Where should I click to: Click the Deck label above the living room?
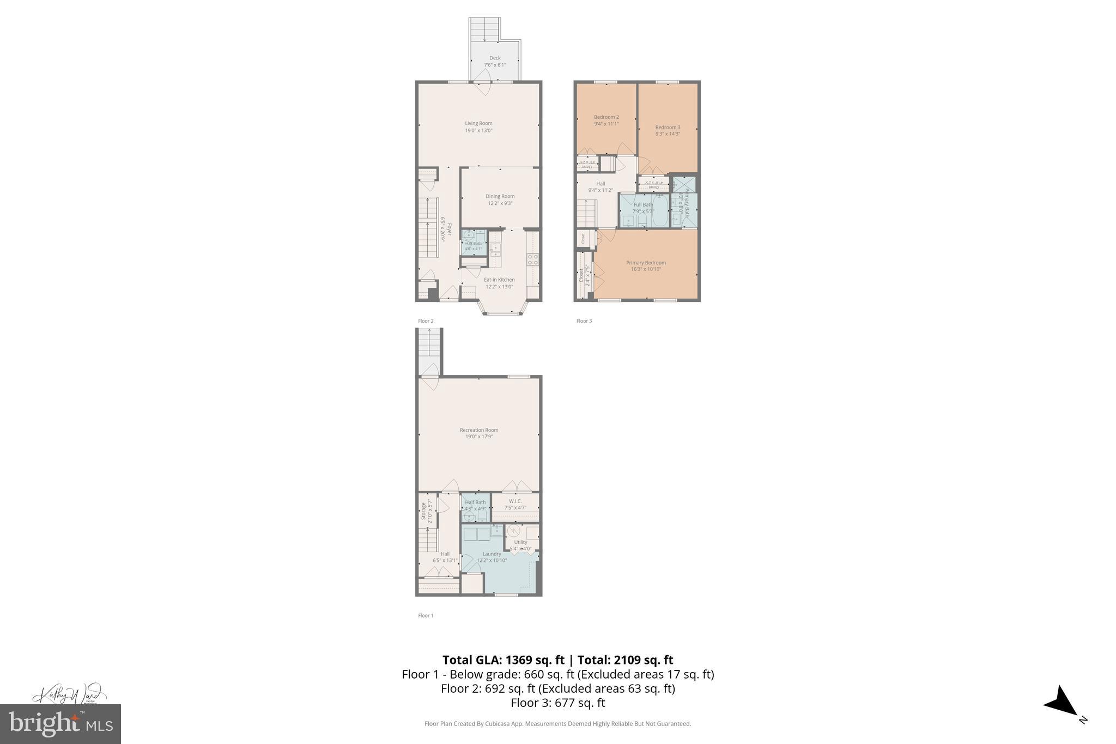(495, 58)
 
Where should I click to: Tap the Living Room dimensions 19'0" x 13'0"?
(478, 131)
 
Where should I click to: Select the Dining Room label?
(500, 196)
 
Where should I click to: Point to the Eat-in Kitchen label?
(499, 280)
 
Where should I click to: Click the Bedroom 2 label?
(606, 117)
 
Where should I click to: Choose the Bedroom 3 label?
(668, 128)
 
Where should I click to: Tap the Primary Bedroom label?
(646, 263)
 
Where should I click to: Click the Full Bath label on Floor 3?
(643, 205)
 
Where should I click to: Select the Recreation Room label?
(478, 430)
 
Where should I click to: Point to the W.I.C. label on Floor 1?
(515, 501)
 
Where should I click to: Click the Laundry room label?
(492, 554)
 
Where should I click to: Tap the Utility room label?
(520, 542)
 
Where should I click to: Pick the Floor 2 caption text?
(426, 321)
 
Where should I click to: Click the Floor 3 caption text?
(584, 321)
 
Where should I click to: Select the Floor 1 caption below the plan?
(426, 615)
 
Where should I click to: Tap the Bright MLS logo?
(60, 724)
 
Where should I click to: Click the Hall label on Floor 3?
(600, 184)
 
